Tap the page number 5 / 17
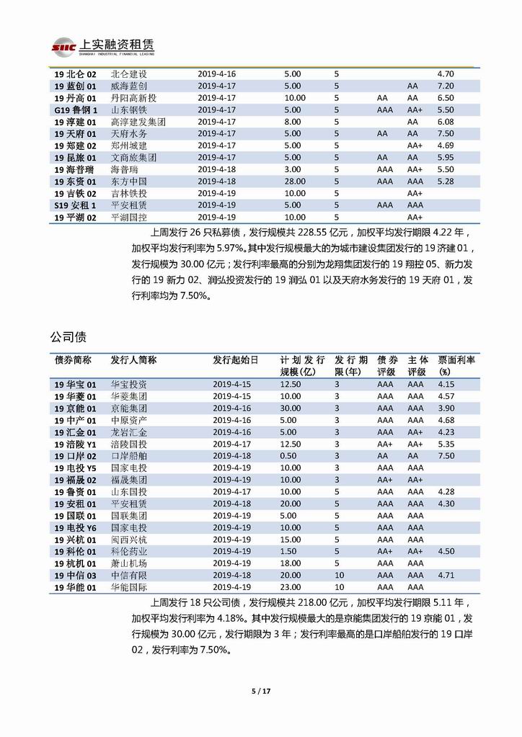pyautogui.click(x=260, y=690)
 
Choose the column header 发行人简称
pyautogui.click(x=133, y=359)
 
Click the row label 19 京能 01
pyautogui.click(x=76, y=408)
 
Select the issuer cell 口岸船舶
pyautogui.click(x=129, y=456)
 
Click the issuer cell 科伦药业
pyautogui.click(x=129, y=551)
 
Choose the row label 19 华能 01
pyautogui.click(x=76, y=587)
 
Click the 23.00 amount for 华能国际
pyautogui.click(x=291, y=587)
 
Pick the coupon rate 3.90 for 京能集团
pyautogui.click(x=446, y=408)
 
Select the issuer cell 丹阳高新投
pyautogui.click(x=133, y=97)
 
